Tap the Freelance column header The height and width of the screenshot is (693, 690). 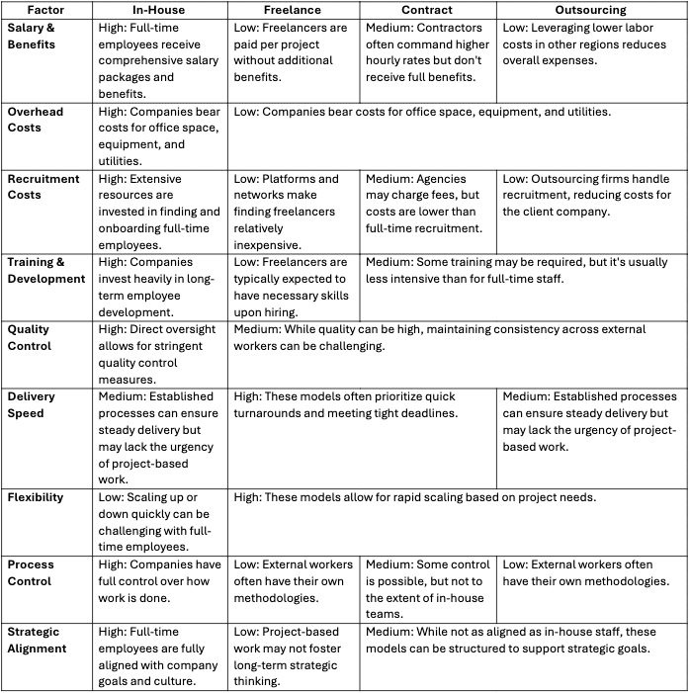pyautogui.click(x=294, y=9)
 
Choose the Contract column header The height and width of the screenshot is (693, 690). pyautogui.click(x=427, y=9)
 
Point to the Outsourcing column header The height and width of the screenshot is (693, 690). pyautogui.click(x=591, y=9)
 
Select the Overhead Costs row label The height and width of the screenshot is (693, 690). pyautogui.click(x=36, y=120)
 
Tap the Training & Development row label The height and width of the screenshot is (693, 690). pyautogui.click(x=46, y=270)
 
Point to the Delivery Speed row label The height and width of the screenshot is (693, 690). pyautogui.click(x=32, y=404)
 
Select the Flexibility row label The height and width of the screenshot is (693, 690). pyautogui.click(x=37, y=497)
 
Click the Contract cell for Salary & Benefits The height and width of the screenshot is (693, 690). pyautogui.click(x=427, y=52)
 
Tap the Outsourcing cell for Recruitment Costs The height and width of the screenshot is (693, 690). pyautogui.click(x=591, y=195)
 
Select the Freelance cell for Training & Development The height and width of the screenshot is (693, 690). pyautogui.click(x=294, y=286)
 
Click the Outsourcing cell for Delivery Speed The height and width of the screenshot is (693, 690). pyautogui.click(x=591, y=420)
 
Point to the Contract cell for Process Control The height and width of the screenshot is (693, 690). pyautogui.click(x=427, y=589)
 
